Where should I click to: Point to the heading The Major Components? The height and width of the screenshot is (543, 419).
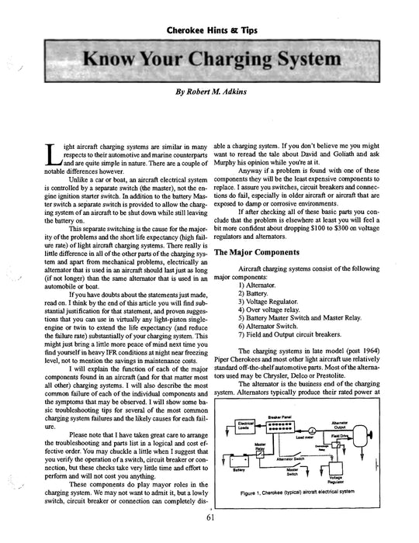261,252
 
